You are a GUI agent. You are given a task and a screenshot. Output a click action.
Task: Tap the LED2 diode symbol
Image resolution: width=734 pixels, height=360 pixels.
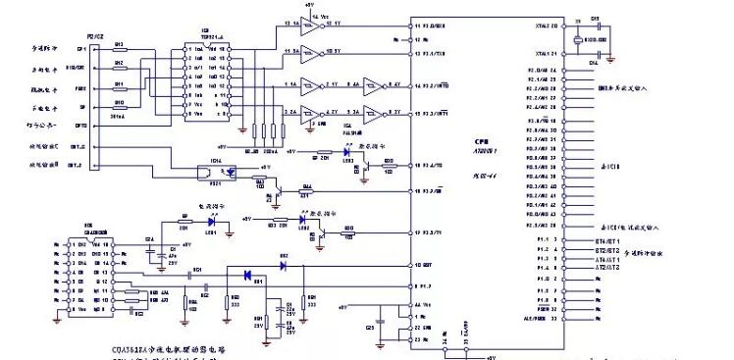tap(303, 230)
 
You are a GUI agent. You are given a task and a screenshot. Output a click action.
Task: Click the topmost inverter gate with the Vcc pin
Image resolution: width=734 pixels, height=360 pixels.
tap(311, 25)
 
